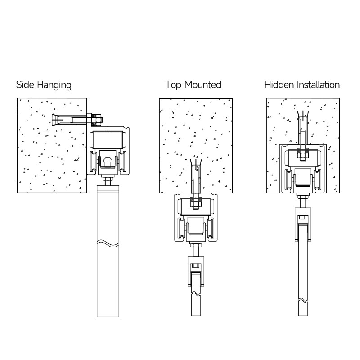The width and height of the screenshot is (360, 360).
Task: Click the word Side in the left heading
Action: pyautogui.click(x=25, y=85)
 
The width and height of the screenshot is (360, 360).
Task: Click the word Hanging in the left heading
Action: pyautogui.click(x=54, y=85)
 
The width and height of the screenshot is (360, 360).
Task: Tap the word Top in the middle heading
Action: pyautogui.click(x=173, y=85)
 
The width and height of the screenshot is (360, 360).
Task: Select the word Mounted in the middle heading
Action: pyautogui.click(x=203, y=85)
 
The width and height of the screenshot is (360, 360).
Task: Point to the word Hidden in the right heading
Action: pyautogui.click(x=279, y=85)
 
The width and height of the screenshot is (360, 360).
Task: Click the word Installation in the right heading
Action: pyautogui.click(x=318, y=85)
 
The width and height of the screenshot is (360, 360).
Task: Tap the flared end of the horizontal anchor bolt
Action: pyautogui.click(x=57, y=120)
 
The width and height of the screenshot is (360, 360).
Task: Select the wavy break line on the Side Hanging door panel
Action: pyautogui.click(x=108, y=243)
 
